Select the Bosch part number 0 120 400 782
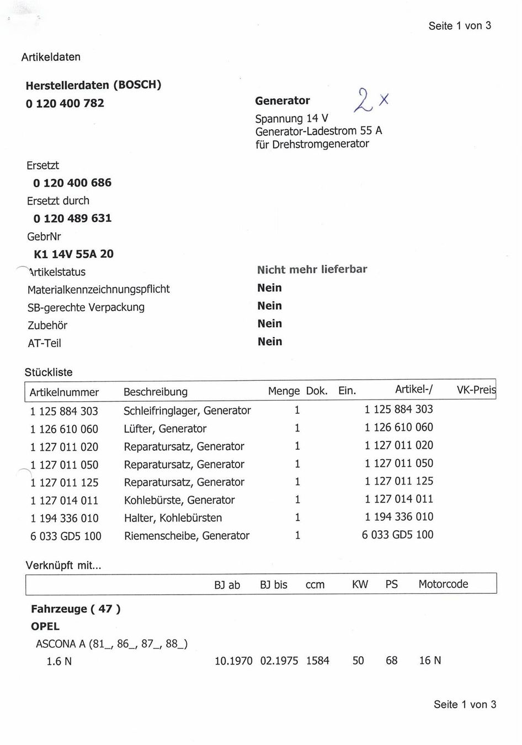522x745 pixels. (65, 103)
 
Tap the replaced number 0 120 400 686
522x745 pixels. (72, 183)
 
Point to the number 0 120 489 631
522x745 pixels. (72, 218)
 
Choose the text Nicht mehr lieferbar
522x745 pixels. (312, 270)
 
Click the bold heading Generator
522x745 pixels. (282, 100)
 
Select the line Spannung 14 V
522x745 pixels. (291, 119)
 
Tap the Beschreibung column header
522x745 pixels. (155, 392)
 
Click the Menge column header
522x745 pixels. (284, 391)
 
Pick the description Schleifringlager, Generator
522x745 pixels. (187, 411)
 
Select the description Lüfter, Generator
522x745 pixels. (165, 429)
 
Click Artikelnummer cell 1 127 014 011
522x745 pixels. (64, 501)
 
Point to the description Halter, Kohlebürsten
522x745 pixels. (173, 518)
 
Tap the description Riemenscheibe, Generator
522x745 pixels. (187, 535)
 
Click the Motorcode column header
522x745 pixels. (443, 584)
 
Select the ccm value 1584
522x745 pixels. (317, 661)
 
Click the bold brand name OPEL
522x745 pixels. (45, 626)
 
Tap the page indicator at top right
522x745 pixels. (459, 26)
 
